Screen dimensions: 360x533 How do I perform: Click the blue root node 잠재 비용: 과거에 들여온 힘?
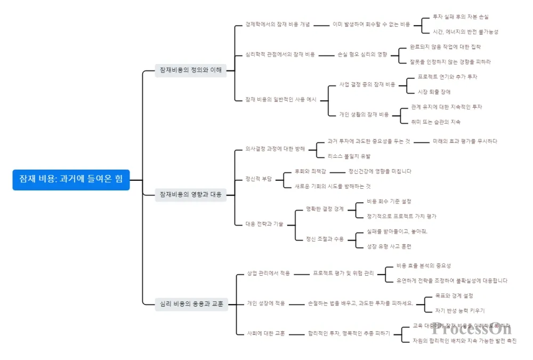(x=71, y=180)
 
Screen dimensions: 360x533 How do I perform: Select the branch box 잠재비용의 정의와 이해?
(x=190, y=70)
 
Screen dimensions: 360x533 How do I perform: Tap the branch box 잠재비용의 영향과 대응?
(x=190, y=195)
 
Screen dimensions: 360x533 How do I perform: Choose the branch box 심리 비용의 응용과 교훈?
(x=191, y=304)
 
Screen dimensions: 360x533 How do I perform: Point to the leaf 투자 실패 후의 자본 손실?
(x=461, y=17)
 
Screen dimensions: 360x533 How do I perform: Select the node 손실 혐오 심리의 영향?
(x=362, y=54)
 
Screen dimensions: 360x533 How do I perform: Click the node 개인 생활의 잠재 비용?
(x=364, y=114)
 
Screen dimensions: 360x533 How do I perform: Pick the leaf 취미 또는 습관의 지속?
(x=435, y=122)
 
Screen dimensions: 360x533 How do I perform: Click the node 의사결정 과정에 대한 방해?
(x=275, y=149)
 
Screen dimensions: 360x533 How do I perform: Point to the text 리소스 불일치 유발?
(x=349, y=156)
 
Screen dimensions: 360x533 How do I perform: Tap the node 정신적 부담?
(x=258, y=179)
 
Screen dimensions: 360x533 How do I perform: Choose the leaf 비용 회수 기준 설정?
(x=389, y=201)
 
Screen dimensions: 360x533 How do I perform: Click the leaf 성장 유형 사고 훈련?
(x=389, y=246)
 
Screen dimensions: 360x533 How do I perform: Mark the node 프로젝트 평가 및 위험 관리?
(x=343, y=273)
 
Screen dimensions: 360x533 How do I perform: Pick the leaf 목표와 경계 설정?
(x=454, y=295)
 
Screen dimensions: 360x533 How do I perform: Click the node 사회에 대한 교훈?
(x=265, y=333)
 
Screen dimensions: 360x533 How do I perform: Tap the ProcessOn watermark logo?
(x=472, y=329)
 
